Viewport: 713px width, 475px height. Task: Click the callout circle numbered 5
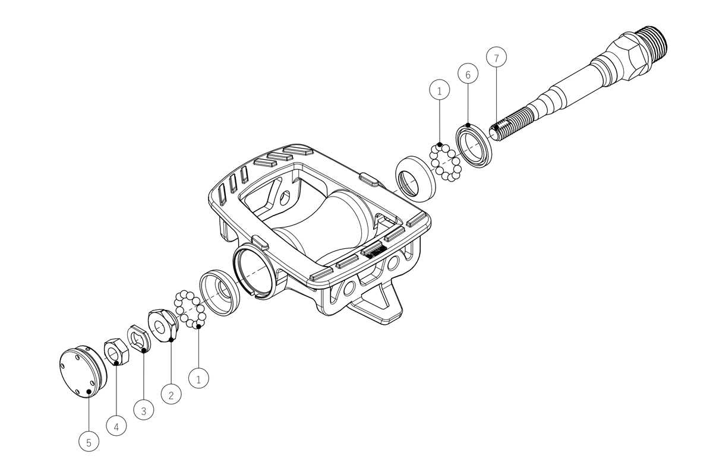(x=89, y=442)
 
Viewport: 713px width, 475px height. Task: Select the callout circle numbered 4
(x=116, y=426)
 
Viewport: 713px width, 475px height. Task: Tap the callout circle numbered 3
(x=144, y=410)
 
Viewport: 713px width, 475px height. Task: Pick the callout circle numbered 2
(x=171, y=394)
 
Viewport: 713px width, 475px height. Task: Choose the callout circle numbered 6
(x=468, y=74)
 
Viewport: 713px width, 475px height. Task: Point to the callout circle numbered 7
(x=496, y=57)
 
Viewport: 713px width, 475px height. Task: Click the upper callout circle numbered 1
(x=440, y=90)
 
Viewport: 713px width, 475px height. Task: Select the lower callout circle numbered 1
(x=198, y=378)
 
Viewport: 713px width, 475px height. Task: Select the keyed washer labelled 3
(x=139, y=339)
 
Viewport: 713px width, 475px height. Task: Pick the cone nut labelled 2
(x=162, y=325)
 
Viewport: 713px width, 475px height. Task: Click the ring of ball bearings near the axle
(x=446, y=163)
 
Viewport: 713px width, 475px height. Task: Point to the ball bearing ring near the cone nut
(x=190, y=309)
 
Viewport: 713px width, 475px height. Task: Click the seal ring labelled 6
(x=474, y=147)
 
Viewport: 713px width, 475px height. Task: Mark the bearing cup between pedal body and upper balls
(x=415, y=179)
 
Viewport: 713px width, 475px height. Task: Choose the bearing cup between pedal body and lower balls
(x=220, y=293)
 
